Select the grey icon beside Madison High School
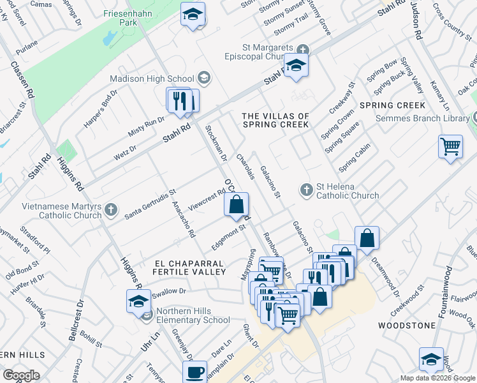[204, 79]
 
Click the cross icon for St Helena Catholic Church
[306, 189]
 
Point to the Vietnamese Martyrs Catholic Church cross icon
[111, 209]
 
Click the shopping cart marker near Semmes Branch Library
[450, 147]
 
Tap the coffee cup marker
[194, 372]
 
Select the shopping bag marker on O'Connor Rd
[236, 204]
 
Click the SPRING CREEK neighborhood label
[392, 105]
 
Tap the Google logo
[22, 375]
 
